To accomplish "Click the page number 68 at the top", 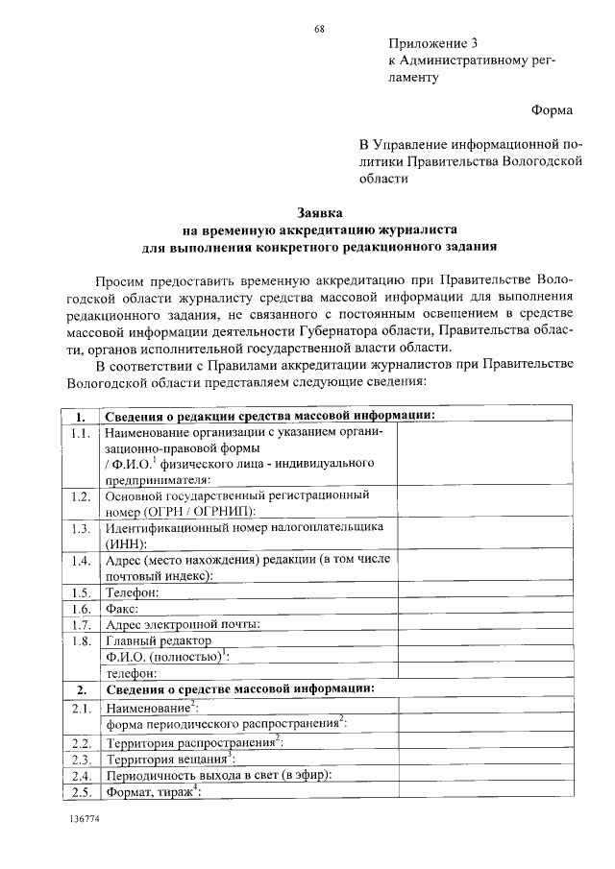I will [x=319, y=29].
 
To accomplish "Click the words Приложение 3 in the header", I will [x=433, y=44].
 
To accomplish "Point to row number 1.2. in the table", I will [x=81, y=496].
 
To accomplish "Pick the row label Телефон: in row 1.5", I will [x=133, y=591].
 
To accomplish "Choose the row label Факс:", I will [x=124, y=608].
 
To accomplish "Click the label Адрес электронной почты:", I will [x=184, y=624].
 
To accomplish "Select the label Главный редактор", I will [x=159, y=640].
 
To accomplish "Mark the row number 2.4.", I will [x=81, y=775].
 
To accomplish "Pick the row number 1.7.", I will [x=81, y=624].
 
